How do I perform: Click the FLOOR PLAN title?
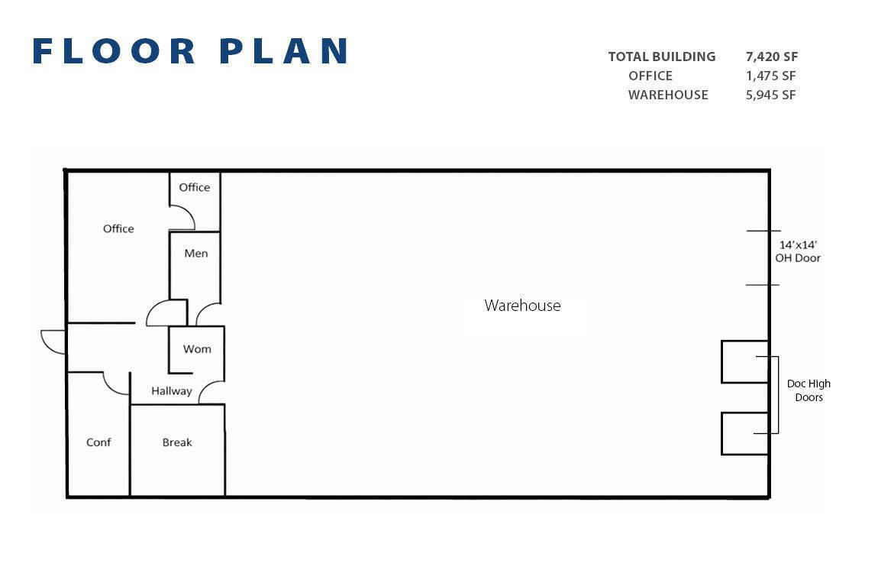click(x=190, y=51)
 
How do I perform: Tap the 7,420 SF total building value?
click(x=772, y=57)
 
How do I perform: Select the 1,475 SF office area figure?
click(x=770, y=76)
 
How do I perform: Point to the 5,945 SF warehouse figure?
click(x=770, y=95)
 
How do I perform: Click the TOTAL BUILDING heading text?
click(x=662, y=57)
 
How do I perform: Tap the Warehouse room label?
click(x=522, y=306)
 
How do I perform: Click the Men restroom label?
click(x=196, y=253)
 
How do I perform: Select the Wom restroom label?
click(x=197, y=349)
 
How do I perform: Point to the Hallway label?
click(x=171, y=391)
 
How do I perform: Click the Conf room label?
click(x=98, y=442)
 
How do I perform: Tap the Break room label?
click(x=177, y=442)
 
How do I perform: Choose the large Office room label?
click(x=118, y=228)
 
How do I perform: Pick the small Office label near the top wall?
click(x=194, y=187)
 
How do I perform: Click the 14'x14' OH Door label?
click(x=798, y=251)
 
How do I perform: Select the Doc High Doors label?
click(x=809, y=390)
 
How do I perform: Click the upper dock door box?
click(x=744, y=362)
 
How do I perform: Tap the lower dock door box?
click(x=744, y=433)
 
